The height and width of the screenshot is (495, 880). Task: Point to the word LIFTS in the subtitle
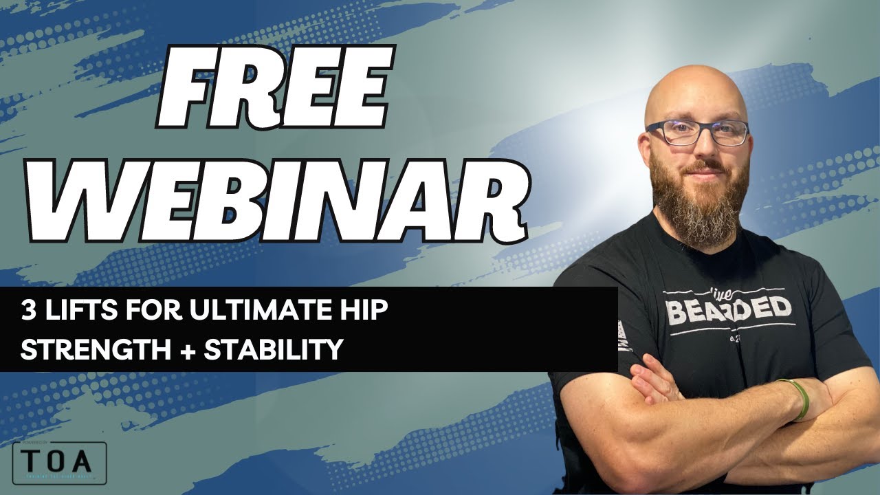point(75,310)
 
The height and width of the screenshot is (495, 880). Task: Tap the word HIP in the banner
point(364,310)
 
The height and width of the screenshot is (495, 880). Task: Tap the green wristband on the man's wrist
point(800,399)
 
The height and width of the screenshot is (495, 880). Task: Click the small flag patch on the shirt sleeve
point(624,337)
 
